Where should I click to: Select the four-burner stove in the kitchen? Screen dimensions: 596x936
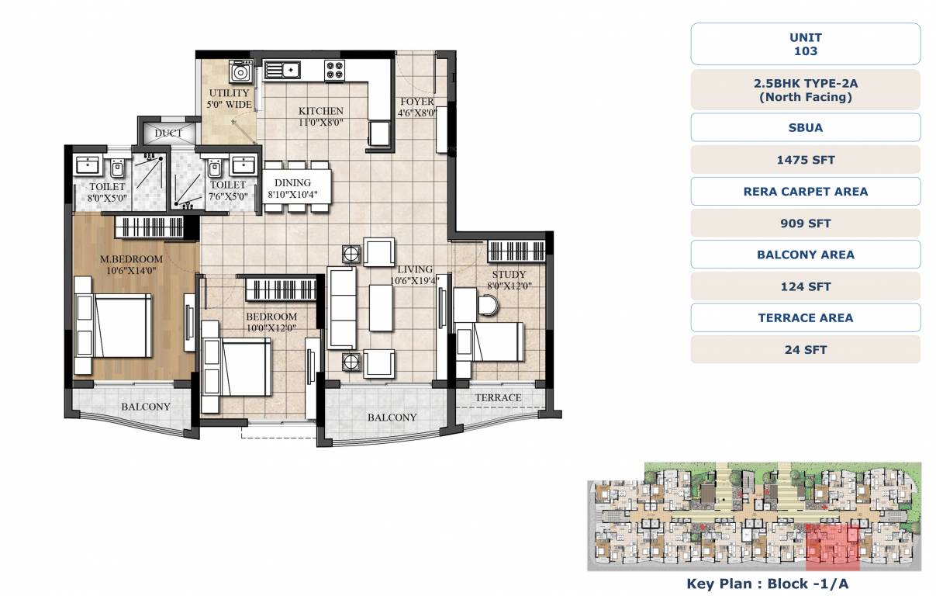tap(335, 70)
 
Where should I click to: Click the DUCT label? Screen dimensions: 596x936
tap(168, 133)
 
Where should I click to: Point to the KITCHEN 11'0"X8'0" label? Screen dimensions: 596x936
tap(320, 116)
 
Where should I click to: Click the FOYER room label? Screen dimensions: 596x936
tap(416, 107)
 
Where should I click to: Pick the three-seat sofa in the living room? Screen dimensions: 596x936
tap(341, 309)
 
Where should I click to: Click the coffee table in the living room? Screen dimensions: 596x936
tap(381, 307)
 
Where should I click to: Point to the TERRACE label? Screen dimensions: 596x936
tap(498, 397)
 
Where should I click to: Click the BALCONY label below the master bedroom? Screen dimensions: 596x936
tap(145, 407)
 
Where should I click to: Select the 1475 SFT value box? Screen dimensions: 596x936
tap(805, 160)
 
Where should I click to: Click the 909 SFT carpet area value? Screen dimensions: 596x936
tap(805, 223)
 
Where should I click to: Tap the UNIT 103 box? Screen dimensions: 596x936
tap(805, 44)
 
